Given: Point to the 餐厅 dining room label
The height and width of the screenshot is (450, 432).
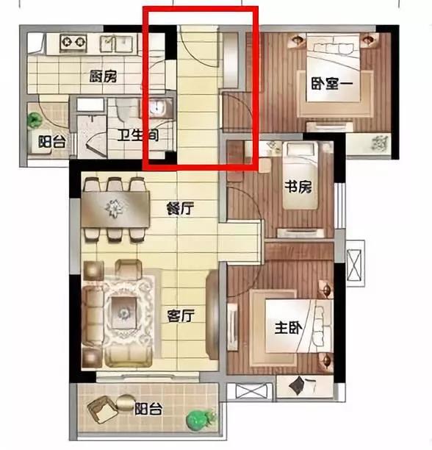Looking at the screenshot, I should pos(180,208).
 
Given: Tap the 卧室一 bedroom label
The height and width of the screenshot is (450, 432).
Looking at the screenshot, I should pos(332,84).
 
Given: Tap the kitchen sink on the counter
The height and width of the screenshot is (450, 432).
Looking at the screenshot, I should pos(118,43).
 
